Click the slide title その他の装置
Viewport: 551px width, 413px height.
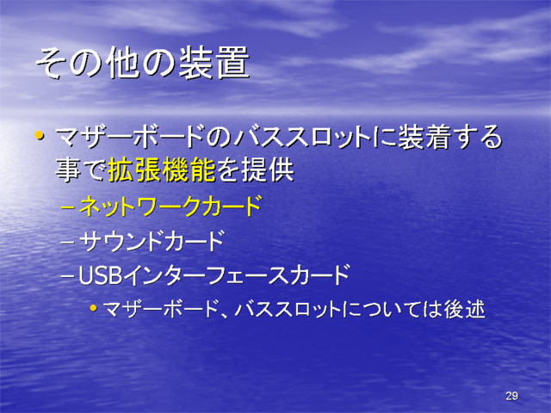click(143, 63)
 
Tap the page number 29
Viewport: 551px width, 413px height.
click(511, 396)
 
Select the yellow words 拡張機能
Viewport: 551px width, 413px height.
click(162, 170)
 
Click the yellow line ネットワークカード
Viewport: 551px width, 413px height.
click(170, 206)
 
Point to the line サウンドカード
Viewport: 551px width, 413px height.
click(152, 241)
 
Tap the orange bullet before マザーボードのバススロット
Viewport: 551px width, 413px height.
click(40, 135)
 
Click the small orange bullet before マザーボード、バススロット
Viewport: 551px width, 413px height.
click(93, 308)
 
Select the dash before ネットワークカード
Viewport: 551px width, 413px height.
click(67, 207)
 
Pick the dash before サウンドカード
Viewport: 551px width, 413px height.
click(67, 242)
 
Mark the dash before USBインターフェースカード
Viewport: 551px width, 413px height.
click(67, 276)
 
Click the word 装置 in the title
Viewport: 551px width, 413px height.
click(214, 63)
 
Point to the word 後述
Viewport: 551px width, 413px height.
click(464, 309)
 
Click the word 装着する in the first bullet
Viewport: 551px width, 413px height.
click(450, 136)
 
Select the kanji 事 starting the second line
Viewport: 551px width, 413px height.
click(68, 170)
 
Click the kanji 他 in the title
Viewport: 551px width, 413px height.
click(122, 63)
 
